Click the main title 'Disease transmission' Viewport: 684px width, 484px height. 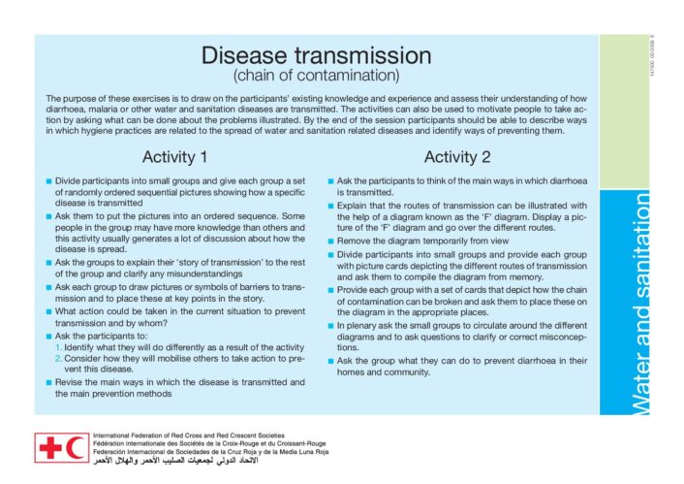tap(316, 55)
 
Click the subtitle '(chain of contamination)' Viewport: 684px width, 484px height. tap(316, 75)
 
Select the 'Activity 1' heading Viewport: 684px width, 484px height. tap(174, 157)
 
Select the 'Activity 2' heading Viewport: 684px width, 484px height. tap(457, 157)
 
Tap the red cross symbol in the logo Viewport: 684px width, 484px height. tap(50, 448)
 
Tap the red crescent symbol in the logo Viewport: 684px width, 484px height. tap(76, 448)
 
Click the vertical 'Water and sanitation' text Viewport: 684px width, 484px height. tap(641, 303)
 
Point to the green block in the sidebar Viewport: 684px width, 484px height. tap(624, 112)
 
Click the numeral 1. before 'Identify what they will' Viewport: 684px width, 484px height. tap(59, 347)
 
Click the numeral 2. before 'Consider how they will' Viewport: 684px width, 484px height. tap(59, 359)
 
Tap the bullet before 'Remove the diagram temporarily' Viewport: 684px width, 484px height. tap(331, 242)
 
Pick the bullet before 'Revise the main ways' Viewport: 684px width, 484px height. tap(48, 383)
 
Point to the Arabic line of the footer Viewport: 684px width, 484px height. tap(175, 461)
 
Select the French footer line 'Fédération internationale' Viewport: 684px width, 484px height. tap(209, 444)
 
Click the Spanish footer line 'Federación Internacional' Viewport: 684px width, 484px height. tap(210, 452)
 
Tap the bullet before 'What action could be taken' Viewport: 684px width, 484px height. tap(48, 312)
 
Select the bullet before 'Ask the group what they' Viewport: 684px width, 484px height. tap(331, 361)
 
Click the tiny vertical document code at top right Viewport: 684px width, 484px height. tap(653, 55)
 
